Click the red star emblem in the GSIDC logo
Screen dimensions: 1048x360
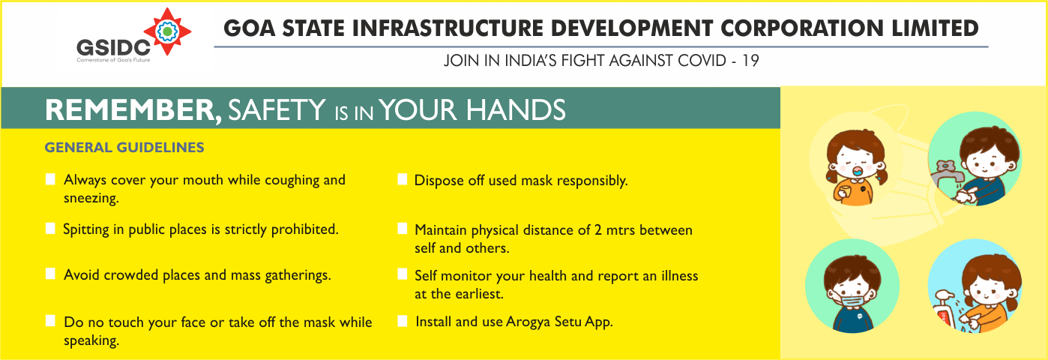(167, 31)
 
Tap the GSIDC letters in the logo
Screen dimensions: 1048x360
(113, 48)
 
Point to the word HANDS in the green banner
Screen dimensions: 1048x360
(516, 110)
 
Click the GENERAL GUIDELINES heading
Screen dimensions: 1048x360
(124, 148)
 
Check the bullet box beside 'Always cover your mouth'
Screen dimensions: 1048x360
(50, 179)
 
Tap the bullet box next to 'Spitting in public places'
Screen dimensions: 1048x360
(50, 229)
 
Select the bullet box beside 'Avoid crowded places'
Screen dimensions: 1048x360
(50, 274)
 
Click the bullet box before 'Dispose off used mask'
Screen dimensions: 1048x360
(403, 180)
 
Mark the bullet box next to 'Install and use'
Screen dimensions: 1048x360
(403, 321)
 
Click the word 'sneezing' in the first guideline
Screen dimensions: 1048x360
(91, 199)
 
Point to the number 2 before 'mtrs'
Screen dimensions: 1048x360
(598, 230)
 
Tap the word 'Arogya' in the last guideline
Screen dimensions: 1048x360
(528, 322)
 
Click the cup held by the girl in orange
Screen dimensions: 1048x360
(843, 191)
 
